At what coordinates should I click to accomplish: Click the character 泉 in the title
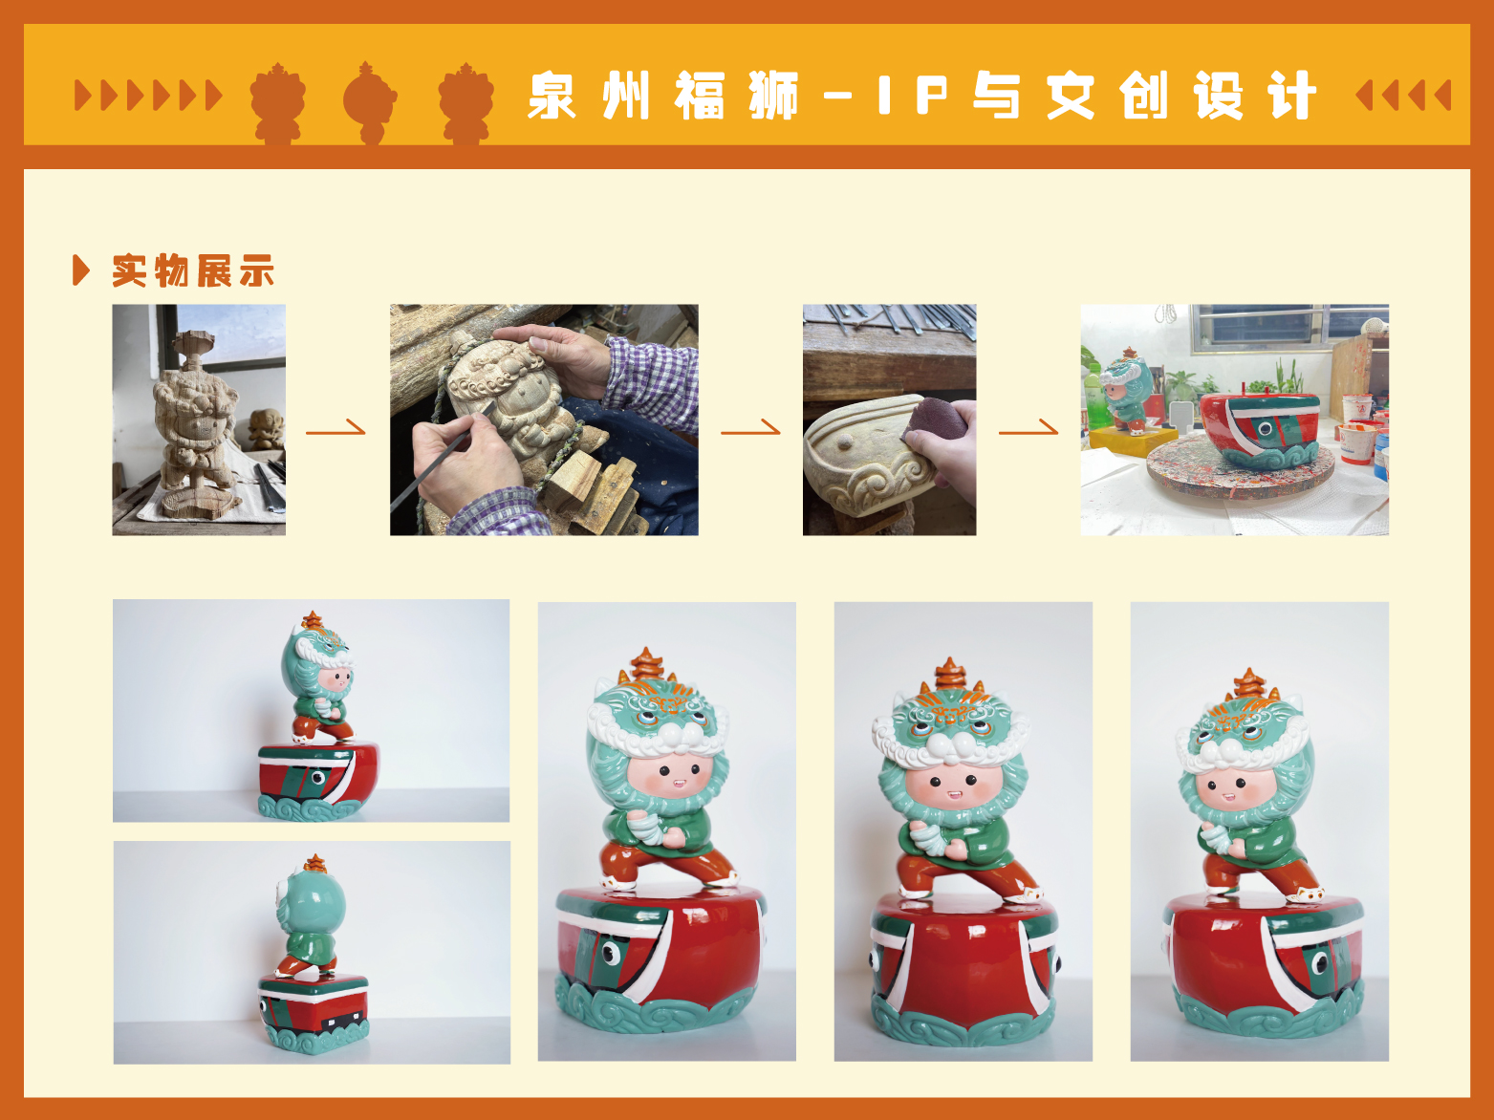tap(551, 96)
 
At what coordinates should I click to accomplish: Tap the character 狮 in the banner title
tap(772, 96)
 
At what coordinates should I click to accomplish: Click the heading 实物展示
tap(193, 270)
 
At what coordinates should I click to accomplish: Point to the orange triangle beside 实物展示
tap(81, 270)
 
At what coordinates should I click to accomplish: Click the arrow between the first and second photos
tap(336, 429)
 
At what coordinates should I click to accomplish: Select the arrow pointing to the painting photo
tap(1028, 429)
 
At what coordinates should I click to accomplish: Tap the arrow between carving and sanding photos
tap(750, 429)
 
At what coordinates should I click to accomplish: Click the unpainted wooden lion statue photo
tap(199, 420)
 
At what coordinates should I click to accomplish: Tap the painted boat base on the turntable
tap(1259, 429)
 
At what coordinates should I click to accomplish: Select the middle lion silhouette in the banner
tap(370, 102)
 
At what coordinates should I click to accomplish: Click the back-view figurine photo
tap(312, 952)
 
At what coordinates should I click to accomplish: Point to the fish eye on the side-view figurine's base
tap(317, 777)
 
